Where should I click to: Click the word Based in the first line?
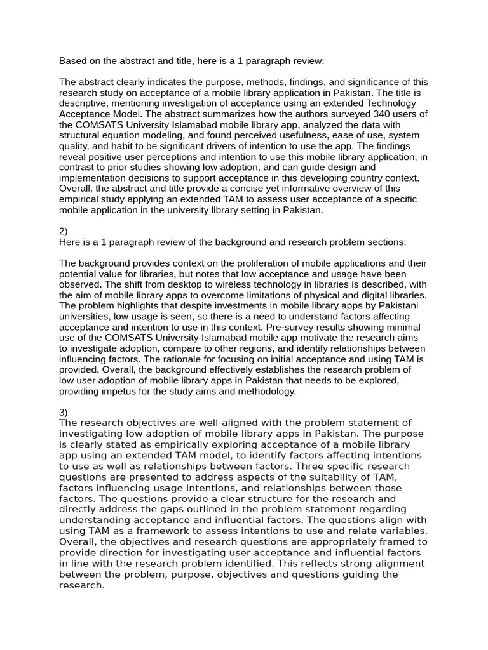(73, 61)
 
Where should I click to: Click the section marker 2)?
(64, 231)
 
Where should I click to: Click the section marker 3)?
(64, 413)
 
